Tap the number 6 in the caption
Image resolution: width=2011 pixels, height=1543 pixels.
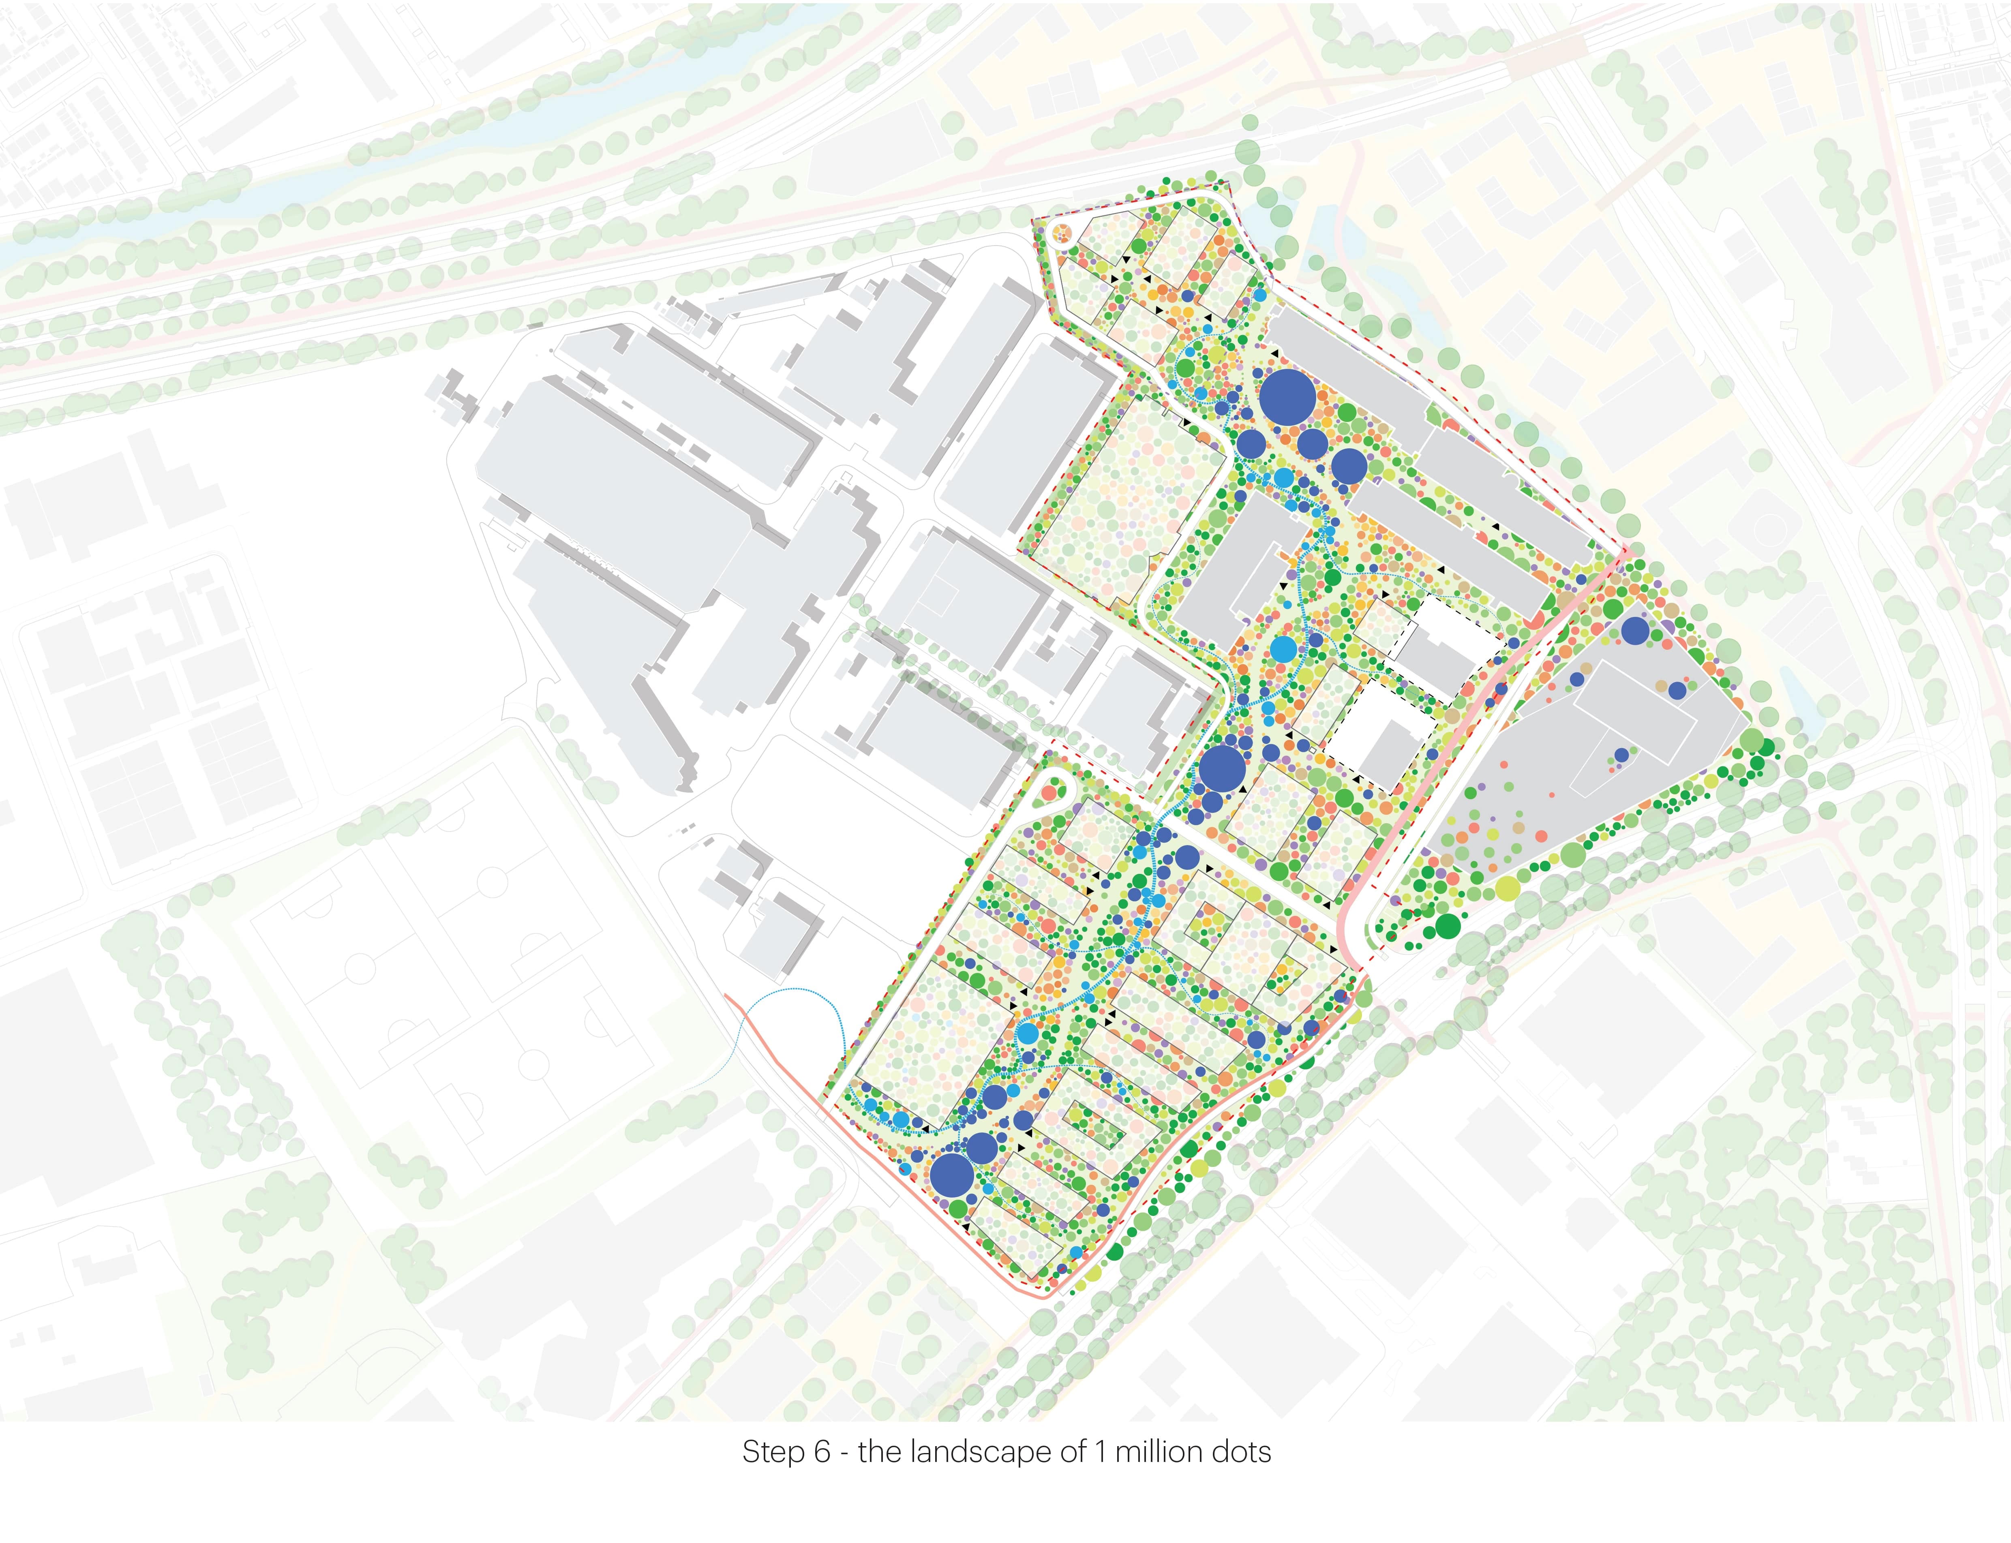pos(822,1452)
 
